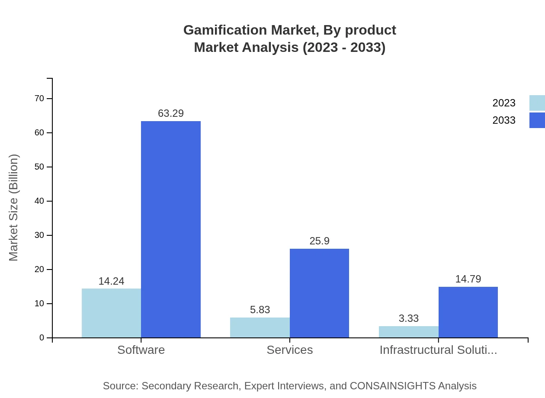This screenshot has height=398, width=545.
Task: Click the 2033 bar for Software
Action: (171, 229)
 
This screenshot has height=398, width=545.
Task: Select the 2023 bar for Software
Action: (111, 313)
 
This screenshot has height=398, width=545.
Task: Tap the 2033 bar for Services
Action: (319, 293)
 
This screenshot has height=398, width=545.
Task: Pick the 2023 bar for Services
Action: (260, 327)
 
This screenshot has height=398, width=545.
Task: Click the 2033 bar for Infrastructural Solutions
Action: (468, 312)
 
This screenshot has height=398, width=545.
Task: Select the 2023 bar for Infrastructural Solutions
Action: (408, 332)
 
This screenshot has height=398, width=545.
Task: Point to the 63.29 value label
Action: (171, 113)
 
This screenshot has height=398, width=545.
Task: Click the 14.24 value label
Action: (111, 281)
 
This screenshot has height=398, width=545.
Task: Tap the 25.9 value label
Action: (319, 241)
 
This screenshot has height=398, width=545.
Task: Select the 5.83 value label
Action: (260, 310)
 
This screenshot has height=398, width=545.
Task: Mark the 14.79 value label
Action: (468, 279)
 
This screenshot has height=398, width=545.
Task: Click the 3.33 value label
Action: (409, 318)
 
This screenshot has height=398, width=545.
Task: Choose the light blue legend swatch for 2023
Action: (537, 103)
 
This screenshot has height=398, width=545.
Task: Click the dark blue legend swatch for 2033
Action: (537, 120)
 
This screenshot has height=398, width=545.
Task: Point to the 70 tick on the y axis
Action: (39, 99)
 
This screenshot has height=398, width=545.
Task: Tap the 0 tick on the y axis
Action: (42, 338)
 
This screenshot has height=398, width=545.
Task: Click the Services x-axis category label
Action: (290, 350)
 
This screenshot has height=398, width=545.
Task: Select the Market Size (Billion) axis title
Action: (13, 208)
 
